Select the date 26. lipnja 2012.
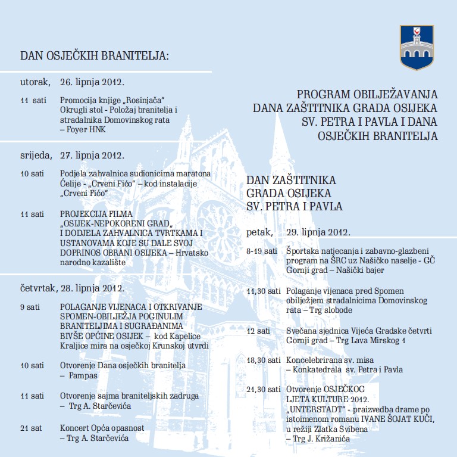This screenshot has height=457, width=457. click(x=92, y=82)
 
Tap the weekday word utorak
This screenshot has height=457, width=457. click(x=34, y=82)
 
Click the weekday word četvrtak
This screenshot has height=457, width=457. click(x=37, y=288)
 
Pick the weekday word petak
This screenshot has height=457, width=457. click(x=260, y=232)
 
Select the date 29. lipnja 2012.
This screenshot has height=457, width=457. click(x=318, y=232)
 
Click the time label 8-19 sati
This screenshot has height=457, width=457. click(x=261, y=251)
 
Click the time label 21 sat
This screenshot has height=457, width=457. click(x=31, y=428)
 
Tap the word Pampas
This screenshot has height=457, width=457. click(x=81, y=377)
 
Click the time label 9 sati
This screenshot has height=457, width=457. click(x=30, y=307)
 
